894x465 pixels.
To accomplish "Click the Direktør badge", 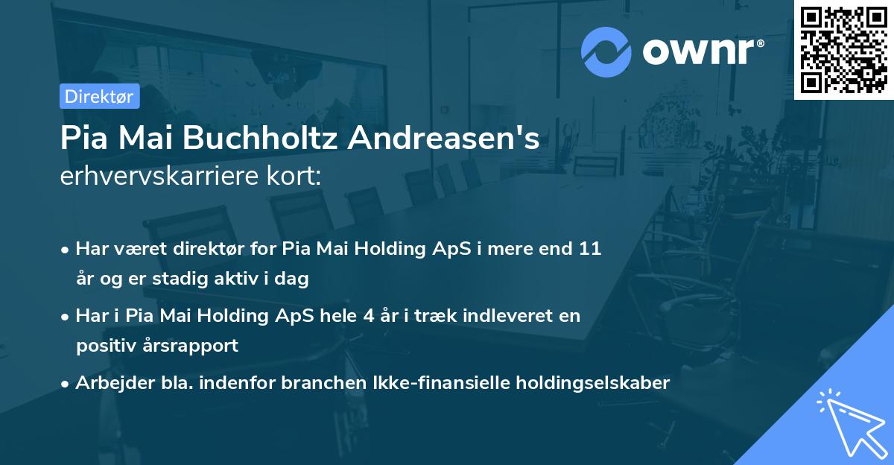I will click(x=99, y=96).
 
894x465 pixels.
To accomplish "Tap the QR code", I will click(x=843, y=49).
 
